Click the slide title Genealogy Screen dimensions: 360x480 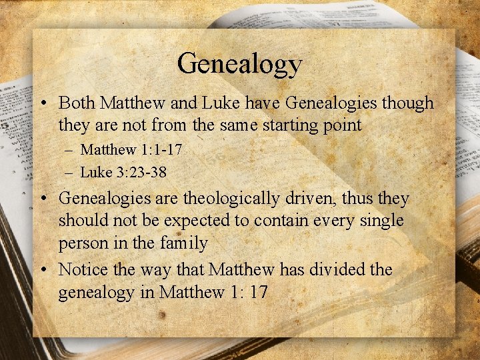point(239,64)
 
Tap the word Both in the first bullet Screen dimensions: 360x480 point(75,103)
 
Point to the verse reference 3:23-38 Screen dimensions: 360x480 point(141,172)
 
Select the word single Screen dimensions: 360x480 point(381,221)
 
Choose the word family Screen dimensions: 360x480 point(183,243)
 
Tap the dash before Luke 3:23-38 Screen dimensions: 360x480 point(69,173)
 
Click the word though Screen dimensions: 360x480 point(410,103)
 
